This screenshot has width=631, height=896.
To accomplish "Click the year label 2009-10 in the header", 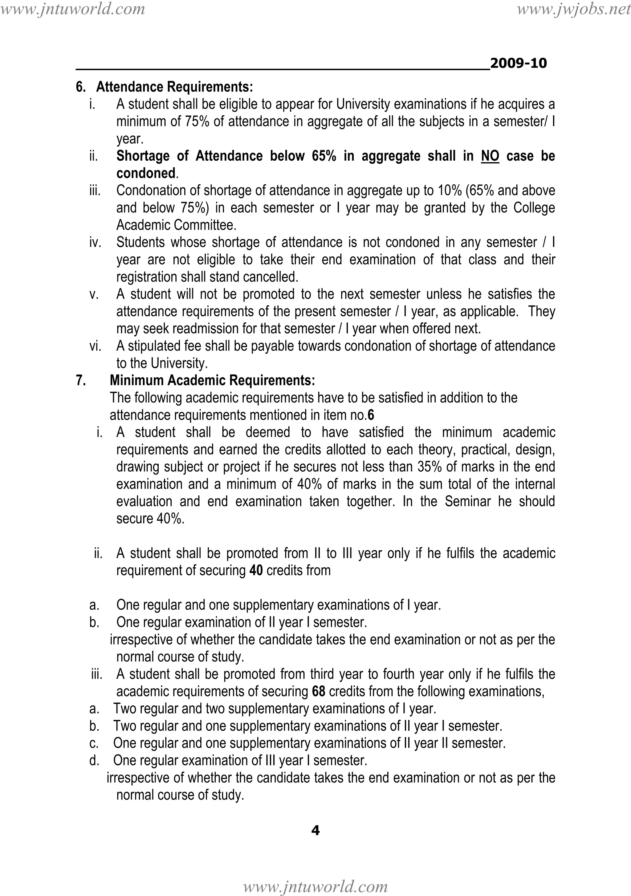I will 518,63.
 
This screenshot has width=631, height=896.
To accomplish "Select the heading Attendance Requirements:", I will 175,87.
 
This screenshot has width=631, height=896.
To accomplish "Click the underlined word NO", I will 490,156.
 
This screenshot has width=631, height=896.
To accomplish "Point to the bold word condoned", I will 146,173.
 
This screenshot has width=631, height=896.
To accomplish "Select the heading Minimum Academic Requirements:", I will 212,380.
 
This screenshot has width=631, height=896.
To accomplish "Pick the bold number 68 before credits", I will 319,692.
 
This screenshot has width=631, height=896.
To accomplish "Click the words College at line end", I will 534,208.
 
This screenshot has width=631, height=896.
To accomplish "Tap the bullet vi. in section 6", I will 95,346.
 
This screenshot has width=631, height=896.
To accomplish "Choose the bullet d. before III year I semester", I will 94,761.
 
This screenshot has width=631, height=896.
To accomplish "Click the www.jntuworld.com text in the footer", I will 315,887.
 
